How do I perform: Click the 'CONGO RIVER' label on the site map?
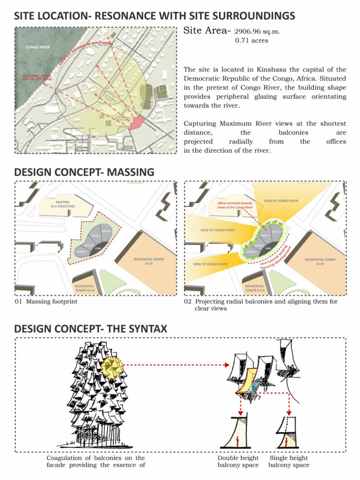pyautogui.click(x=38, y=48)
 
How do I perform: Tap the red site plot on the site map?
pyautogui.click(x=137, y=122)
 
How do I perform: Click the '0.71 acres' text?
pyautogui.click(x=252, y=41)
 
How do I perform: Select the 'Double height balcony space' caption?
pyautogui.click(x=239, y=461)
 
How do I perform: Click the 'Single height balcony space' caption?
pyautogui.click(x=289, y=461)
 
